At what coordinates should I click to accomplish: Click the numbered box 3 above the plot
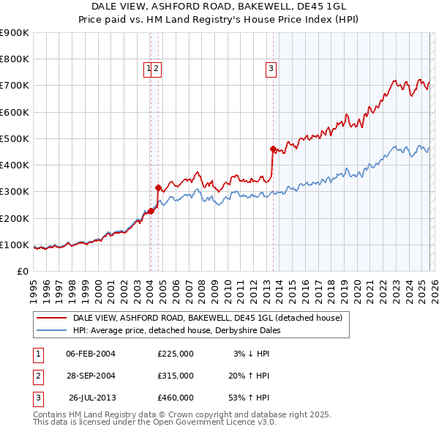(x=271, y=70)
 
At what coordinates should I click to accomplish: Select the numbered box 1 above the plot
(x=149, y=70)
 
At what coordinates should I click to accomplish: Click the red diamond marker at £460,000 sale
(x=273, y=149)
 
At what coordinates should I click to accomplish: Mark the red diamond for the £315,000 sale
(x=158, y=187)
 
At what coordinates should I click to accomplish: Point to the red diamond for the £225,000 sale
(x=151, y=212)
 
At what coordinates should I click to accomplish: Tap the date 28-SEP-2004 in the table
(x=91, y=376)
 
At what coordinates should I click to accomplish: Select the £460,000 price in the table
(x=175, y=398)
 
